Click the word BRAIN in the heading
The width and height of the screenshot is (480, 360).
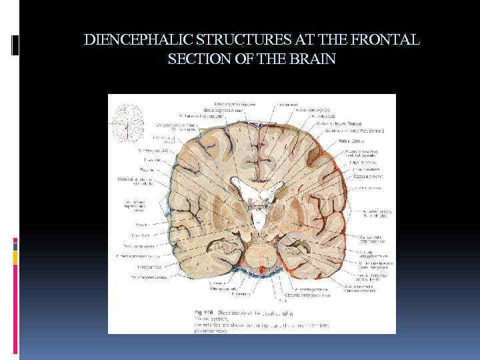[x=313, y=59]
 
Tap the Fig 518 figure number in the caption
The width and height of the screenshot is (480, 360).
[x=203, y=311]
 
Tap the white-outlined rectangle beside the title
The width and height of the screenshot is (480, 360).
[x=15, y=45]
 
